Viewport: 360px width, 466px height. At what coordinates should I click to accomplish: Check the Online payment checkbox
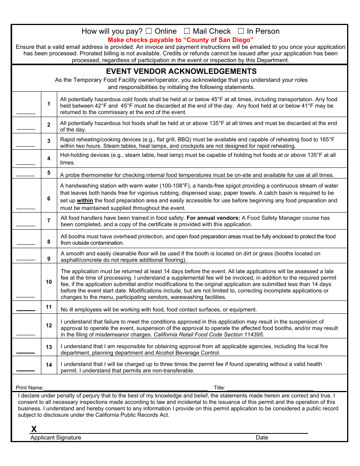pyautogui.click(x=149, y=31)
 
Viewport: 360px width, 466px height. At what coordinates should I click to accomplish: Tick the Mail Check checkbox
pyautogui.click(x=187, y=31)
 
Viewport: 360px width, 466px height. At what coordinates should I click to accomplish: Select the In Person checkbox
pyautogui.click(x=241, y=31)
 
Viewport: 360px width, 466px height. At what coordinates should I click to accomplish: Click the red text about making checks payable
pyautogui.click(x=180, y=40)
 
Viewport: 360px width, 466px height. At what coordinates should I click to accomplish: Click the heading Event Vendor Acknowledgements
pyautogui.click(x=181, y=71)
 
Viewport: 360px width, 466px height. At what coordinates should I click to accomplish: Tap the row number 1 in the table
pyautogui.click(x=49, y=103)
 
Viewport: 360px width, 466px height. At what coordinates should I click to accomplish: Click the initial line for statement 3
pyautogui.click(x=25, y=146)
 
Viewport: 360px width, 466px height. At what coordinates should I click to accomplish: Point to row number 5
pyautogui.click(x=49, y=173)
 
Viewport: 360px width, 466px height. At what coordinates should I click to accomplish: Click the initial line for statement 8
pyautogui.click(x=25, y=244)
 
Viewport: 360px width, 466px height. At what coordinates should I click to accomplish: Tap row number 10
pyautogui.click(x=49, y=282)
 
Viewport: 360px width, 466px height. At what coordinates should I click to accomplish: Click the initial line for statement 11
pyautogui.click(x=25, y=310)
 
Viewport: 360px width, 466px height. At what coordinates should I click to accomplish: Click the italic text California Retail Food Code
pyautogui.click(x=208, y=335)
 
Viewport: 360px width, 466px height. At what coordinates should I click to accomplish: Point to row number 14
pyautogui.click(x=49, y=365)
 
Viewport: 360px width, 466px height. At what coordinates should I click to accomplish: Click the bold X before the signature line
pyautogui.click(x=34, y=429)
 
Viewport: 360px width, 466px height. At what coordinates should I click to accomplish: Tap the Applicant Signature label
pyautogui.click(x=56, y=438)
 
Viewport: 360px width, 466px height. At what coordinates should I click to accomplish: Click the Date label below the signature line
pyautogui.click(x=262, y=438)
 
